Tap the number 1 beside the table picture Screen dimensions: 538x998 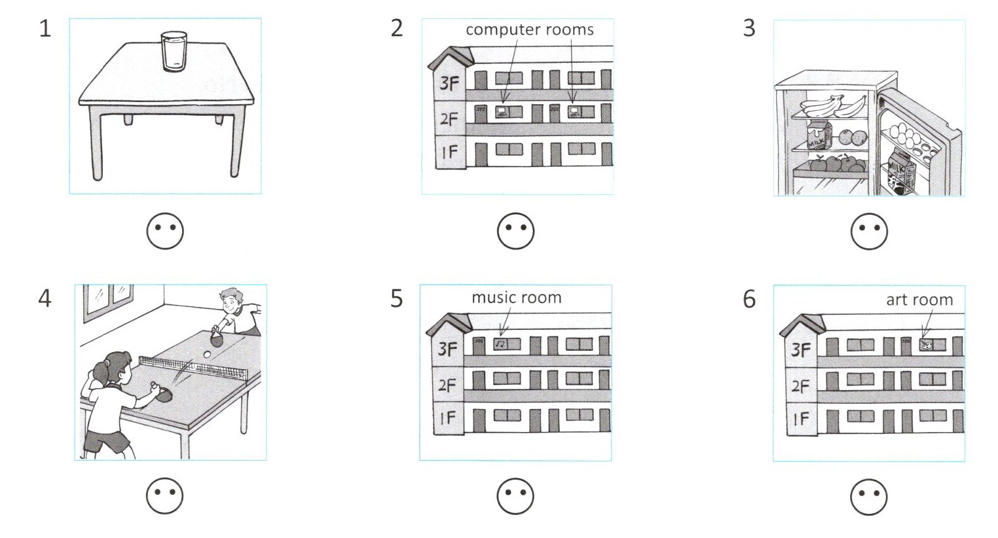[45, 29]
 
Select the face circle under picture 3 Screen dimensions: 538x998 [869, 231]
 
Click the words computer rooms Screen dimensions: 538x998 [529, 29]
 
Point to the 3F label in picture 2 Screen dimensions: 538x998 [449, 84]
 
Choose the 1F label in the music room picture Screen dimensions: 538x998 [447, 418]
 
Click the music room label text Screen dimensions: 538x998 [516, 298]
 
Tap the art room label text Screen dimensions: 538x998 [919, 300]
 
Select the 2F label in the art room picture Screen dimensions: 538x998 [800, 386]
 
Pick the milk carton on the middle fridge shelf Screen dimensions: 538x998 [818, 135]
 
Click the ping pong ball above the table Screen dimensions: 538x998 [208, 354]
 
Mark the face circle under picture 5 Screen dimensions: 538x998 [515, 496]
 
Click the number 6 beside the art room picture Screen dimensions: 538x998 [749, 299]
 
